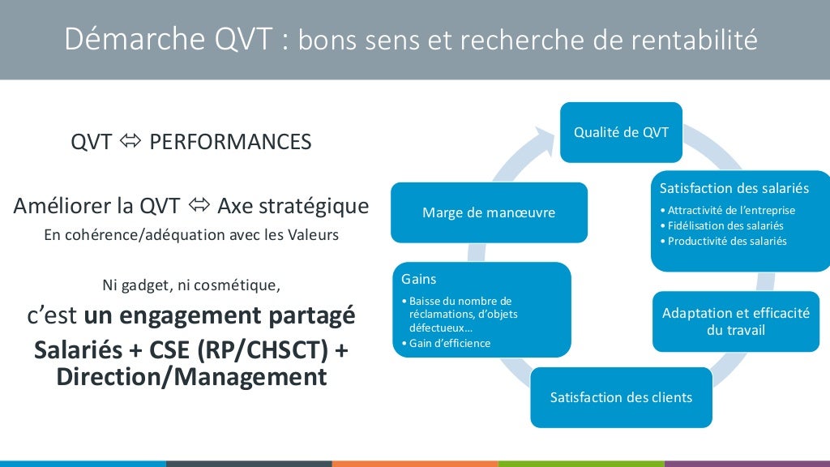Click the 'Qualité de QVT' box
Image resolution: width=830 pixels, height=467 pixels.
point(621,132)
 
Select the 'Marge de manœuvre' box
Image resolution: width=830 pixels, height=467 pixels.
point(488,212)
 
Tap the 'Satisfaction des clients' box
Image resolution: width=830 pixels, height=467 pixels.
point(621,397)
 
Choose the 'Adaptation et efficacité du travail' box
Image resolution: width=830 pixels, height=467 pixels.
point(735,321)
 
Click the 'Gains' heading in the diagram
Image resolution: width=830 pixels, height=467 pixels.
point(419,279)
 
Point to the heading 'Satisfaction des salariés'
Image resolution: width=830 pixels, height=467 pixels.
point(734,188)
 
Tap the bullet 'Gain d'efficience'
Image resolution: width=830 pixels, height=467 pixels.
point(447,343)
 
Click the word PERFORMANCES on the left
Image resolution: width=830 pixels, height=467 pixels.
point(230,142)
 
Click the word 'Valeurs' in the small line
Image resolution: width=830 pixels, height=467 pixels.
point(314,236)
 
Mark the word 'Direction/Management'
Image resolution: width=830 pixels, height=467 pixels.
point(191,376)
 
